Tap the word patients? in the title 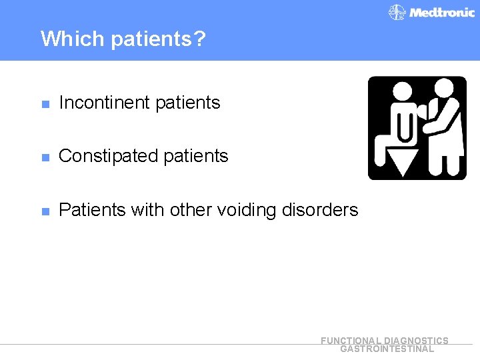(158, 39)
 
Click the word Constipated (106, 156)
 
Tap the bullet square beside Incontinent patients (45, 104)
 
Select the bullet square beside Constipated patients (45, 157)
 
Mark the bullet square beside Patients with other (45, 211)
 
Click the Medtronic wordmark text (441, 12)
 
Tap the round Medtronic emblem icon (397, 13)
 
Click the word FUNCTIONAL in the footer (351, 341)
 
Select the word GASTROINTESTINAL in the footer (387, 349)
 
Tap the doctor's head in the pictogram (442, 87)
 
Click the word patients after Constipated (195, 156)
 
